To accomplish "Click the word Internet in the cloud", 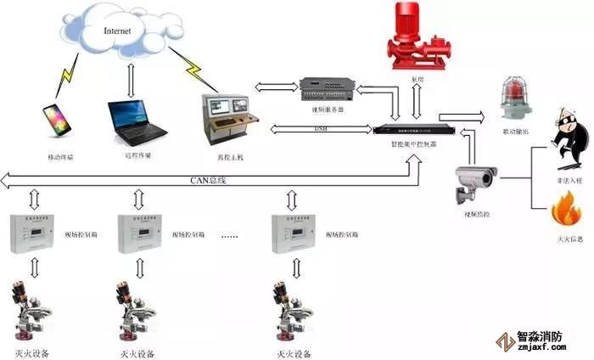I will click(x=118, y=31).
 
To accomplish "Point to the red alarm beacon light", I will click(x=515, y=96).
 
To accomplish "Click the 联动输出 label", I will click(x=517, y=132).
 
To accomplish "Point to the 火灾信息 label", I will click(x=566, y=240).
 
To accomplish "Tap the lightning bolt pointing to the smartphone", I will click(x=67, y=78).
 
